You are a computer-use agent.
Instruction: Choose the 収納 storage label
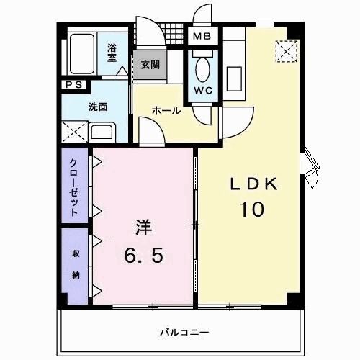click(x=75, y=264)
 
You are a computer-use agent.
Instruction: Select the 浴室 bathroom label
click(x=112, y=53)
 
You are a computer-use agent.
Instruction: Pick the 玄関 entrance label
click(x=150, y=65)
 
